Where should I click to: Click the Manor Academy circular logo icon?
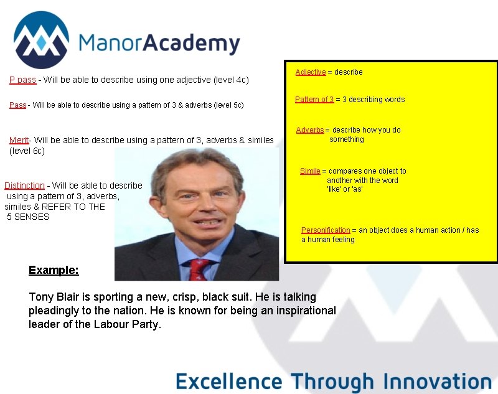(x=41, y=39)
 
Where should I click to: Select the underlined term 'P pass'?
(x=22, y=80)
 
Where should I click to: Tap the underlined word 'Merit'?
(x=19, y=140)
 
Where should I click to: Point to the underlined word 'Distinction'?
(x=24, y=185)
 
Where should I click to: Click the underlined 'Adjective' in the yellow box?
(x=311, y=72)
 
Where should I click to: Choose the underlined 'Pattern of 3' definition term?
(x=314, y=100)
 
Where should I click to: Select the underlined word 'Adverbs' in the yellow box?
(x=310, y=130)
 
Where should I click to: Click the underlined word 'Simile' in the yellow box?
(x=310, y=171)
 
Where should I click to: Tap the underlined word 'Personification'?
(x=326, y=230)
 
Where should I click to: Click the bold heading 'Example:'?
(x=54, y=270)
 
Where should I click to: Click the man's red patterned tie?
(x=199, y=270)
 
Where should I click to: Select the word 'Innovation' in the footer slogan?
(x=438, y=380)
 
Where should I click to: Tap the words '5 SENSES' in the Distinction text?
(x=29, y=217)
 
